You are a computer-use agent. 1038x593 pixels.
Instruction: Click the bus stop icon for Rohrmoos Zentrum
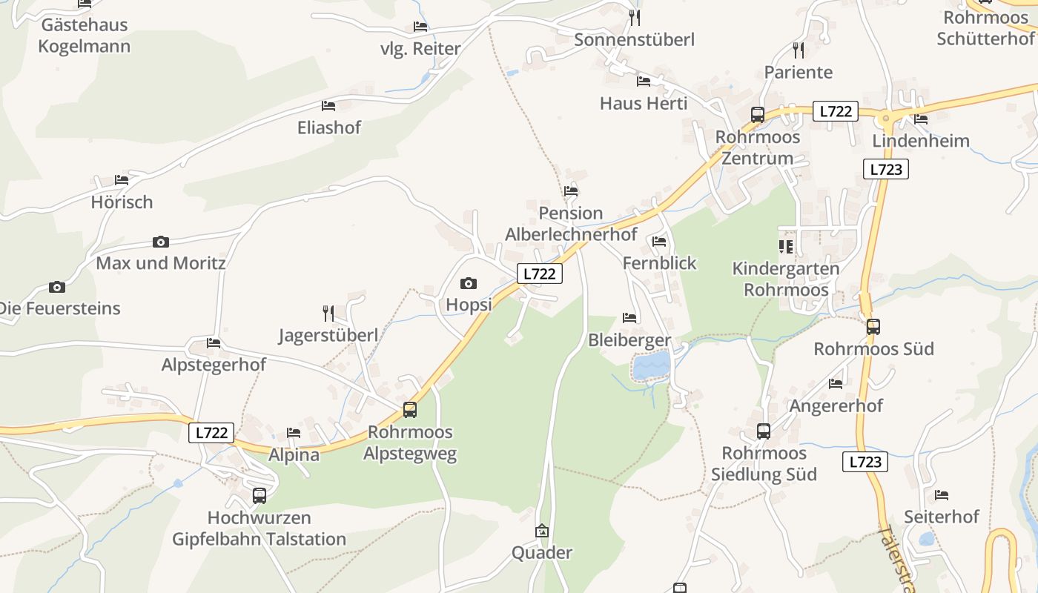(x=757, y=115)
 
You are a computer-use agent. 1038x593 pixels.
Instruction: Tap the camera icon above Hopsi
(x=468, y=283)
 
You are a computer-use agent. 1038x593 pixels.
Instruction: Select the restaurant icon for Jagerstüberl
(x=328, y=314)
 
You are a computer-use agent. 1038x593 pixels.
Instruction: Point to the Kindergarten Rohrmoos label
(x=786, y=279)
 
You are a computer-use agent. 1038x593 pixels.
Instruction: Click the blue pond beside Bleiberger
(x=651, y=365)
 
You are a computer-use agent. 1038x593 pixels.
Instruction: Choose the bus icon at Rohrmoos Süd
(x=873, y=326)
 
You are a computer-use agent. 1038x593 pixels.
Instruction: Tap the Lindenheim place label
(x=921, y=141)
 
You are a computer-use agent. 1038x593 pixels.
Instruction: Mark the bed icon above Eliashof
(x=328, y=106)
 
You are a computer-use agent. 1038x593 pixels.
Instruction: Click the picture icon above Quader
(x=542, y=531)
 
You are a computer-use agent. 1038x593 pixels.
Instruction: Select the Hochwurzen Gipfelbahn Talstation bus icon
(x=259, y=495)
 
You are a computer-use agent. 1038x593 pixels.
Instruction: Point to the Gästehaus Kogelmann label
(x=84, y=35)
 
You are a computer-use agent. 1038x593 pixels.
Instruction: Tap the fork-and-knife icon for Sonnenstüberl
(x=634, y=17)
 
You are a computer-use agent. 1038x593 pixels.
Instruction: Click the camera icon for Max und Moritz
(x=160, y=242)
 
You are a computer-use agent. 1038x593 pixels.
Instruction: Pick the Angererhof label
(x=836, y=405)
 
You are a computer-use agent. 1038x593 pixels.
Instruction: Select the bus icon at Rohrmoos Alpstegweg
(x=409, y=409)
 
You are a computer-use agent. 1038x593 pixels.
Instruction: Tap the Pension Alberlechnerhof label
(x=571, y=224)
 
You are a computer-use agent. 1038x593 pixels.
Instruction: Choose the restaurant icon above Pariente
(x=798, y=50)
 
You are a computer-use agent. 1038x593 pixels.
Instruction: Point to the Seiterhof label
(x=942, y=517)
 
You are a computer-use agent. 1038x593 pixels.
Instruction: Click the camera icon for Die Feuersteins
(x=57, y=287)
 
